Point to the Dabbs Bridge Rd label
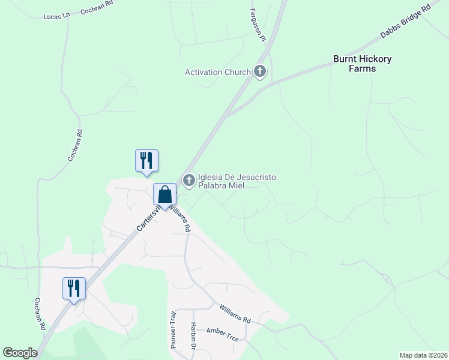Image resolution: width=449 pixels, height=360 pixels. pos(406,23)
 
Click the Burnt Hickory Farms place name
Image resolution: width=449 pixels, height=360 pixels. pos(363,64)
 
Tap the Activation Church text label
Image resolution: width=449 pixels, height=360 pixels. pos(217,73)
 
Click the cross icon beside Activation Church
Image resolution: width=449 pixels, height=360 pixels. pos(260,73)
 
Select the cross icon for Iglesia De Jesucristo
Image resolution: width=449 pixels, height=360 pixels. pos(189,179)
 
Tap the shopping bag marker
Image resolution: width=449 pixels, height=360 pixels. pos(165,195)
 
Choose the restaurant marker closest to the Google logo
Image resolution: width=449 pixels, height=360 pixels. pos(74,289)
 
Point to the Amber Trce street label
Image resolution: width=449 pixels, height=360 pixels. pos(222,335)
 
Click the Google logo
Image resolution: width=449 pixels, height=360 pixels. pos(20,353)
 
